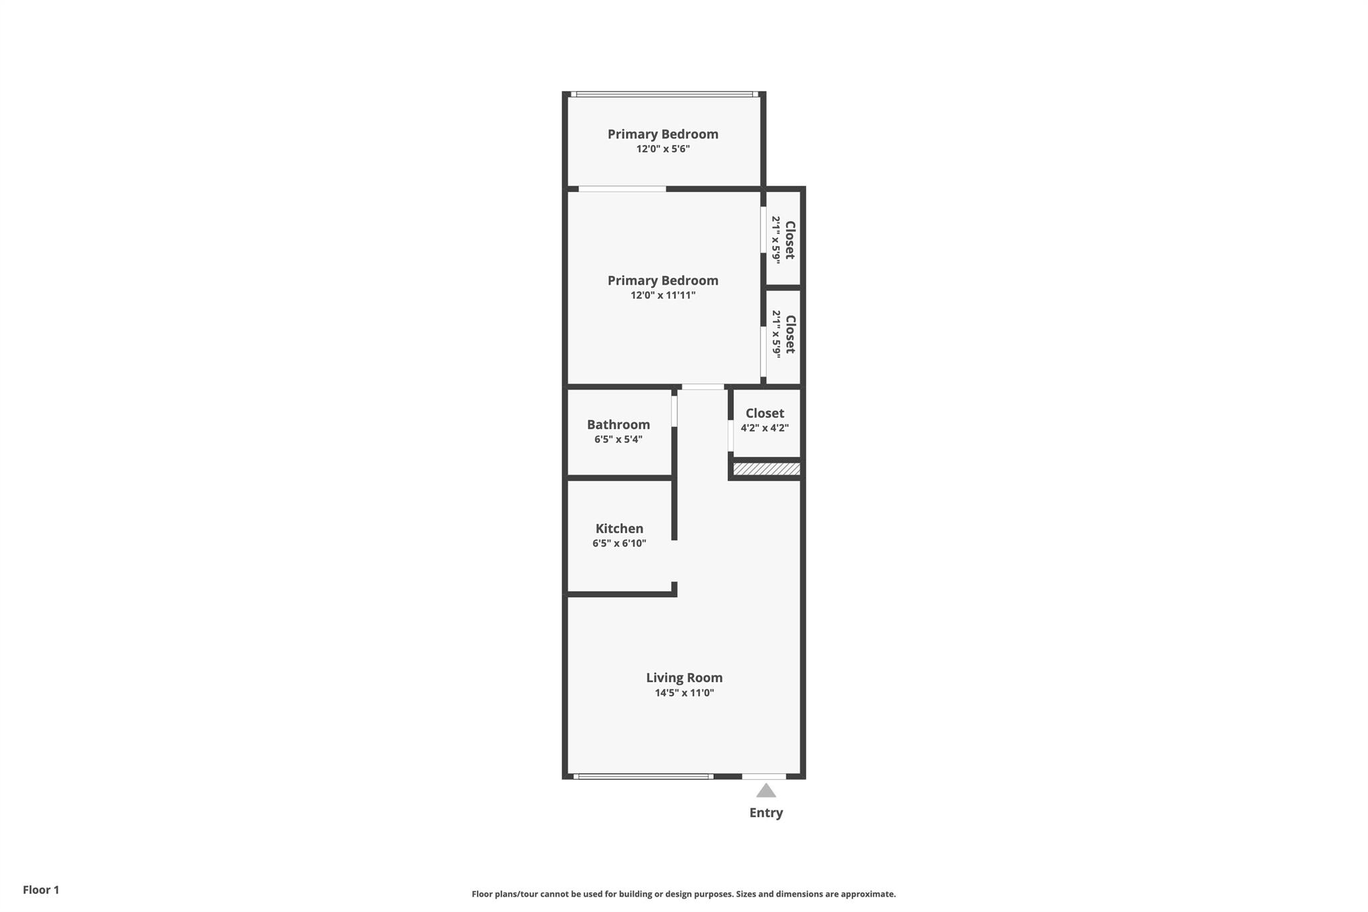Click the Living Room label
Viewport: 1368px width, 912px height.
tap(684, 677)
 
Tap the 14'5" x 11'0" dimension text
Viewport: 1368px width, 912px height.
tap(684, 693)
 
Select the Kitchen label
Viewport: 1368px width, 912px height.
tap(619, 528)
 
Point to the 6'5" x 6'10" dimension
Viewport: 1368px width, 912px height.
tap(619, 543)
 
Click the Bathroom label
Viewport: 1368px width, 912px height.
tap(618, 424)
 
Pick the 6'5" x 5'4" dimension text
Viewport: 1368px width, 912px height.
tap(618, 439)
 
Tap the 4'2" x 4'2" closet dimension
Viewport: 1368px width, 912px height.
tap(764, 428)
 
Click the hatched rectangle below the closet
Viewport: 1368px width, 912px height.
tap(766, 469)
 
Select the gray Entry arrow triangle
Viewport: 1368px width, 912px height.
tap(766, 791)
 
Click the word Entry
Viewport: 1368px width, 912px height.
tap(766, 812)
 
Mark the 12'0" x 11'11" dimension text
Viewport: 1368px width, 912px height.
tap(663, 295)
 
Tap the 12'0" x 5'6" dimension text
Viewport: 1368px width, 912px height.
tap(663, 148)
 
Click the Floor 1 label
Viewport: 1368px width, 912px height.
tap(41, 890)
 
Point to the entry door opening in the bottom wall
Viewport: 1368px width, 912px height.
tap(763, 776)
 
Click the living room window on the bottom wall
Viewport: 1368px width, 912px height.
tap(643, 776)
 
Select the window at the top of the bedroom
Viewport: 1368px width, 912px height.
tap(665, 94)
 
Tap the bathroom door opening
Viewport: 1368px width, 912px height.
tap(674, 412)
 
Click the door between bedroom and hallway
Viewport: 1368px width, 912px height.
tap(703, 387)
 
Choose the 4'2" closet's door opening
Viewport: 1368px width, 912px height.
tap(731, 436)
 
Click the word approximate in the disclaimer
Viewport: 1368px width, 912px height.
tap(868, 894)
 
